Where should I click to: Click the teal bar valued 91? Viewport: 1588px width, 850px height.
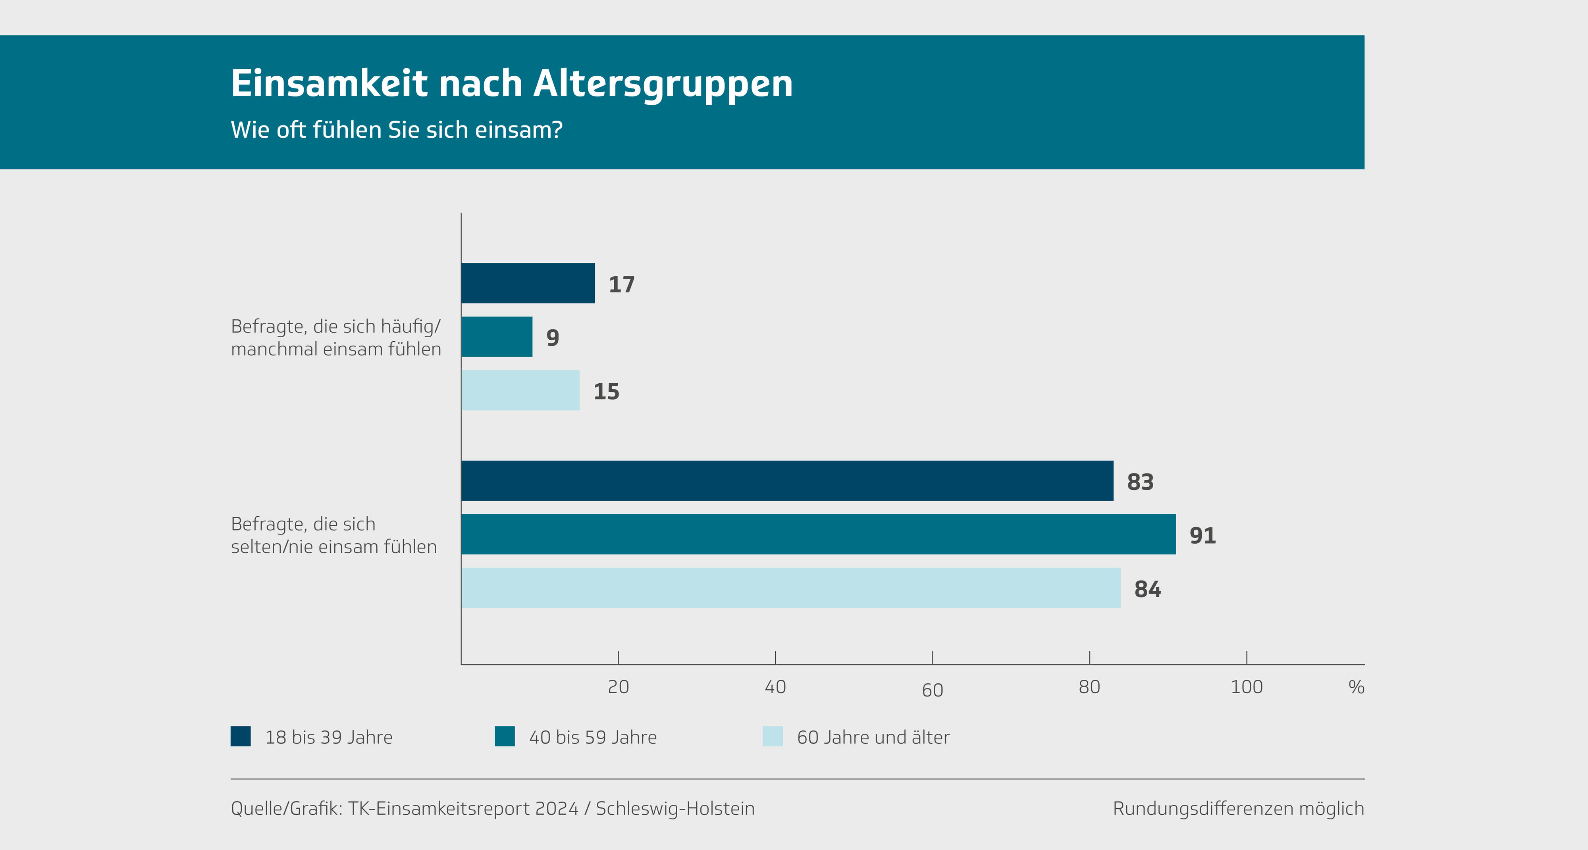[x=818, y=535]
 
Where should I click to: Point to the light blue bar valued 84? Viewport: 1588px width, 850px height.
[x=791, y=588]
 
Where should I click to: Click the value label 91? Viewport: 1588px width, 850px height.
[x=1202, y=536]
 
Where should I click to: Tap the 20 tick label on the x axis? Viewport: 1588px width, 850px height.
[x=618, y=687]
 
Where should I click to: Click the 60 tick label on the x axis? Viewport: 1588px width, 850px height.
[x=932, y=690]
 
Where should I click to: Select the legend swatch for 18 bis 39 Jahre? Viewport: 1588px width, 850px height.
[x=241, y=737]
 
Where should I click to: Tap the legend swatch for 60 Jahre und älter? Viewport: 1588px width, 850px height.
[x=773, y=737]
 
